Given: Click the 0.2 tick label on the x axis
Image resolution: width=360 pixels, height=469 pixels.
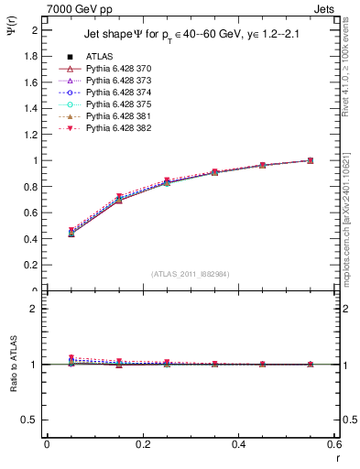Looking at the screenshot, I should pyautogui.click(x=142, y=444).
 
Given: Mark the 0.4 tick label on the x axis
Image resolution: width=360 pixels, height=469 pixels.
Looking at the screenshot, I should pyautogui.click(x=238, y=444).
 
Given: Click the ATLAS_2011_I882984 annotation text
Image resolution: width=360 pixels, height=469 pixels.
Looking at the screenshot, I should pyautogui.click(x=190, y=274).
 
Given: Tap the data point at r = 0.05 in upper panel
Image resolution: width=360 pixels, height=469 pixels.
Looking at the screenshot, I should pyautogui.click(x=71, y=233).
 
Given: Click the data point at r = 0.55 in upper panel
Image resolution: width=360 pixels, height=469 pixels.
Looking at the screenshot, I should pyautogui.click(x=310, y=160).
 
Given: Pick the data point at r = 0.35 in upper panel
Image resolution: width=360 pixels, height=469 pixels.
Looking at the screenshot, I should pyautogui.click(x=214, y=171).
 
